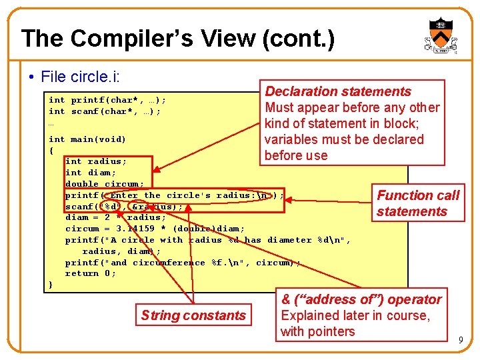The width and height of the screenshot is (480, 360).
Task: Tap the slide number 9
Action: pyautogui.click(x=460, y=341)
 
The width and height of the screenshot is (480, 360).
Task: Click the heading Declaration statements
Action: pyautogui.click(x=338, y=91)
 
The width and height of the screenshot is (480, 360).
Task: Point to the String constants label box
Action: pyautogui.click(x=193, y=315)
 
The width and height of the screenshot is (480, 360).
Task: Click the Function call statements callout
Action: pyautogui.click(x=418, y=203)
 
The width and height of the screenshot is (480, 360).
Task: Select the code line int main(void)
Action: pyautogui.click(x=87, y=139)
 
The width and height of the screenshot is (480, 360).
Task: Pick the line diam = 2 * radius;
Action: pyautogui.click(x=115, y=217)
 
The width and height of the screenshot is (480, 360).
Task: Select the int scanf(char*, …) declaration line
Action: pyautogui.click(x=105, y=111)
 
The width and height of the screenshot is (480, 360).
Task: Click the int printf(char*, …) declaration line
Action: pyautogui.click(x=107, y=100)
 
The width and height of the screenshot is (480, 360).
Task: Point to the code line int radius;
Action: pyautogui.click(x=95, y=161)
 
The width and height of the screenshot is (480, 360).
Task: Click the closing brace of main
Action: pyautogui.click(x=51, y=285)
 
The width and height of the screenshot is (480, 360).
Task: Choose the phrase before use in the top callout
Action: pyautogui.click(x=296, y=155)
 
